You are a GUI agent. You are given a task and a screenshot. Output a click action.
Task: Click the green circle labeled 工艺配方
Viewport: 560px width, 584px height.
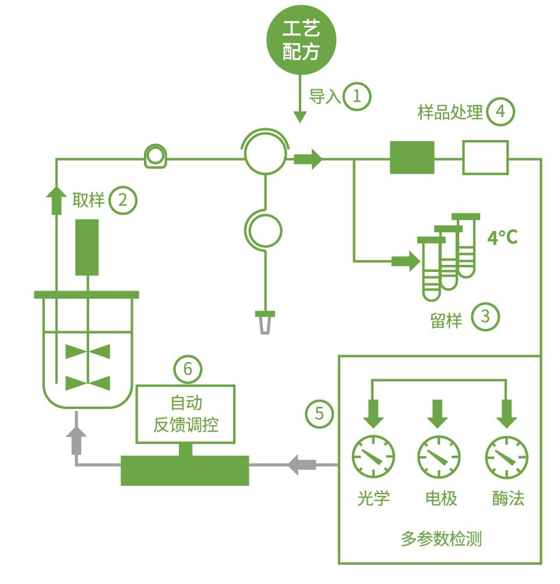click(301, 40)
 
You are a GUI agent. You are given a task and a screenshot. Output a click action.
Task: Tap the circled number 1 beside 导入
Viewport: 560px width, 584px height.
click(357, 96)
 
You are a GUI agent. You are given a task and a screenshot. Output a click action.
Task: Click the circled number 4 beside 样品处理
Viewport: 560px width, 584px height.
click(501, 111)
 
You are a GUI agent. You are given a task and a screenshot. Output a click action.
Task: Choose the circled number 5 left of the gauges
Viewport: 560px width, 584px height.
click(319, 414)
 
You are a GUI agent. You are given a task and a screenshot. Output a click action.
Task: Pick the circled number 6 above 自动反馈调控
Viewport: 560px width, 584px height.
click(188, 369)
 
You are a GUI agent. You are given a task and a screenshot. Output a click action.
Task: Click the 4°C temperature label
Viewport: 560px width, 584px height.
click(502, 237)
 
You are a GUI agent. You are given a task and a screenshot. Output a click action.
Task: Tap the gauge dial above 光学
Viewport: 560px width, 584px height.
click(374, 456)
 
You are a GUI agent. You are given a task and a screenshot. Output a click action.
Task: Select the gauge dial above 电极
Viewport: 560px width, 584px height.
click(439, 456)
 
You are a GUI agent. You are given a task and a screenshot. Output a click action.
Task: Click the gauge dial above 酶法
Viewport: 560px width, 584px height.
click(507, 456)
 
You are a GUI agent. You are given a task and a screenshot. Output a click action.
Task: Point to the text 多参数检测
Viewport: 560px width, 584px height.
click(441, 538)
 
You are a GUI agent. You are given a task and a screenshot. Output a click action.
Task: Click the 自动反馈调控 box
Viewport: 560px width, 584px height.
click(185, 414)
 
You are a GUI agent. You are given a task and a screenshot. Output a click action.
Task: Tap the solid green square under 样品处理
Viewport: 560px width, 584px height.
click(412, 158)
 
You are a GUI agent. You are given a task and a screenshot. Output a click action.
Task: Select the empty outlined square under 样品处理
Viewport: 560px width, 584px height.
click(485, 158)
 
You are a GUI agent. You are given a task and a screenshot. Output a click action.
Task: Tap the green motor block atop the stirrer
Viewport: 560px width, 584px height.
click(87, 246)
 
